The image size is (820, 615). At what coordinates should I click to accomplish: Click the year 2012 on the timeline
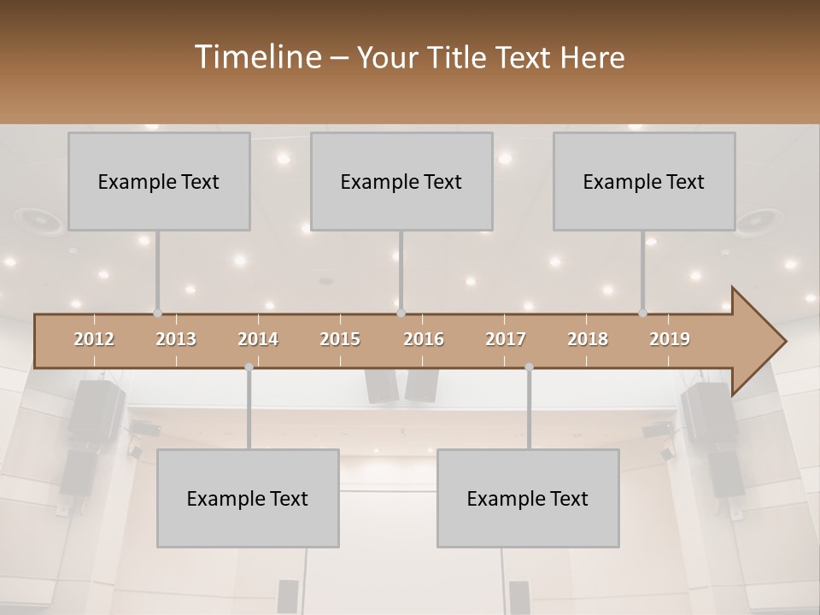94,339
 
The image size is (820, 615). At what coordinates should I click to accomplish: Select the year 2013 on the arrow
176,339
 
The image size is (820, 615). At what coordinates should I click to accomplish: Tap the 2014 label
258,339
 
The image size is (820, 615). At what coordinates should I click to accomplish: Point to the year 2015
340,339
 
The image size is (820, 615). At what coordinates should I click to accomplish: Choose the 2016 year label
424,339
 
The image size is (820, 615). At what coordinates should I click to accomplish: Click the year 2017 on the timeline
506,339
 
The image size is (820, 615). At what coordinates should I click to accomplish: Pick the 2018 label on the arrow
588,339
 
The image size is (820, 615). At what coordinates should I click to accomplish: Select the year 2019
670,339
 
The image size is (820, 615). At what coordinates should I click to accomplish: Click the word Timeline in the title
256,57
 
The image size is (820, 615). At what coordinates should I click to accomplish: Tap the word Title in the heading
459,57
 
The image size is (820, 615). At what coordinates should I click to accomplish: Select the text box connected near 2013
159,181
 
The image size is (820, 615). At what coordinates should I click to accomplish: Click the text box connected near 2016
401,181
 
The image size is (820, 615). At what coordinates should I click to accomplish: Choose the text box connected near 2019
644,181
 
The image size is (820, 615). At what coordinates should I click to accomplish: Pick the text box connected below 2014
248,498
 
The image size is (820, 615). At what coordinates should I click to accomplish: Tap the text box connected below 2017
528,498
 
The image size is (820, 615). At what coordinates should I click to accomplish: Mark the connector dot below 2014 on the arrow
249,367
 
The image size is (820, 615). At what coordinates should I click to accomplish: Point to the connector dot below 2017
529,367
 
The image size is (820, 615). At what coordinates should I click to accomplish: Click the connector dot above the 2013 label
157,313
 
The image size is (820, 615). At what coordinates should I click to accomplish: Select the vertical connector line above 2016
401,272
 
